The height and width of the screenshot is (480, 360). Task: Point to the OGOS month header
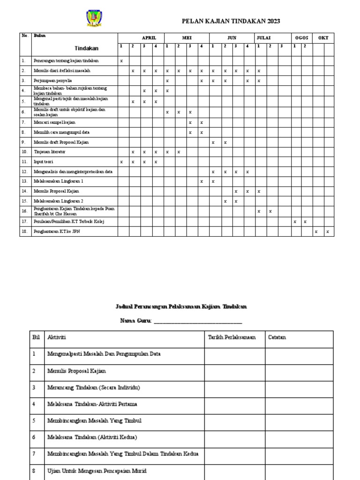[x=300, y=37]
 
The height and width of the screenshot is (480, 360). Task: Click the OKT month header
[x=323, y=37]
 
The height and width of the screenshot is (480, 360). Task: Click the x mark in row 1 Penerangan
[x=121, y=61]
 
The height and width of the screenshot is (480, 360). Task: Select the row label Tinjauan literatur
[x=50, y=152]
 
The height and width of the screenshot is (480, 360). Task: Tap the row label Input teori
[x=44, y=162]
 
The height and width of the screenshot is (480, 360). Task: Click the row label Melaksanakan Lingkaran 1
[x=59, y=181]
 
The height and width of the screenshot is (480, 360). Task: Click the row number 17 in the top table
[x=23, y=221]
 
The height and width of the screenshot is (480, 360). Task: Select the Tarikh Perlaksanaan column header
[x=232, y=337]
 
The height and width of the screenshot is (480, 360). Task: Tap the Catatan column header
[x=277, y=337]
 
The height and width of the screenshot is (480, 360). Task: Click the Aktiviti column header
[x=57, y=337]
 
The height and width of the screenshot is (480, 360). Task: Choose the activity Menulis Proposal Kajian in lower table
[x=76, y=371]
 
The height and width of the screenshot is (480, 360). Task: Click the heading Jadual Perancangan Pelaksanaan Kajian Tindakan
[x=181, y=307]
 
